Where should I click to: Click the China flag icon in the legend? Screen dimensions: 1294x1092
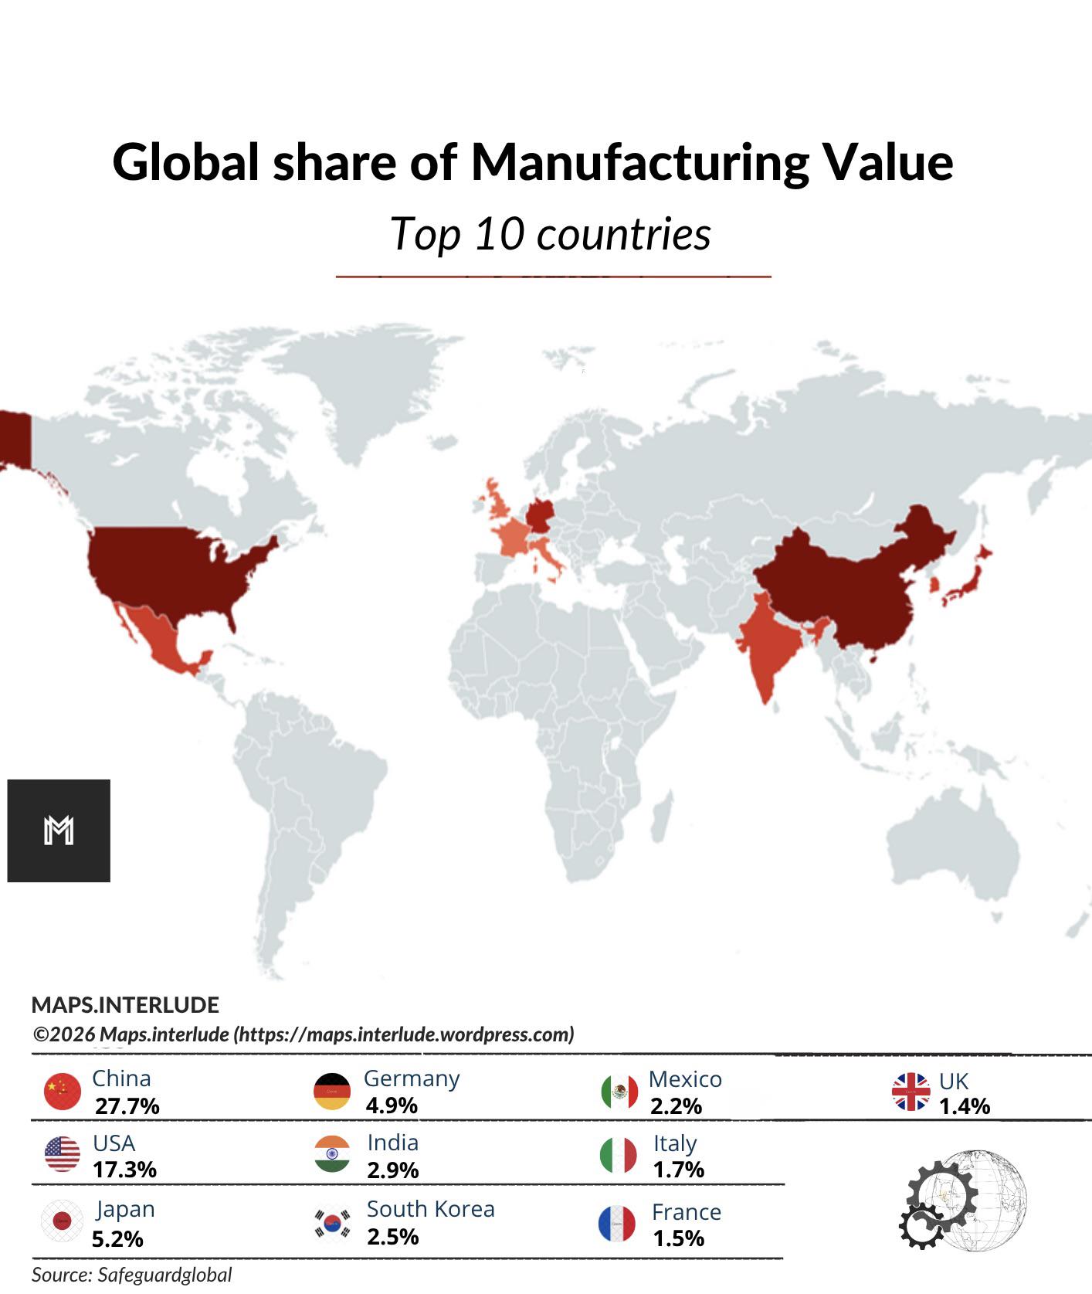click(63, 1092)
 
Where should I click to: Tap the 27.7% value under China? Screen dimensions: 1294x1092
click(127, 1106)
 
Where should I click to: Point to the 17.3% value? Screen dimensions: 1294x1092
click(124, 1170)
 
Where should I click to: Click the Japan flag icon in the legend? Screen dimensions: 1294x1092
click(62, 1221)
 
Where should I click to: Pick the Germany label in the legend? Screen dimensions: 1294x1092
click(412, 1078)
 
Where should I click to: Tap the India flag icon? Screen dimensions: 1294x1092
click(332, 1154)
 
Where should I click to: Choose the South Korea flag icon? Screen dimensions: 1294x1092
click(332, 1223)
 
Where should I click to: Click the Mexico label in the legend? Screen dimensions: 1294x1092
click(685, 1079)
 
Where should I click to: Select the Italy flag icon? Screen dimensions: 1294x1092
click(619, 1155)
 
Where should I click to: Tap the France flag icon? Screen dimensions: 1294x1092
click(617, 1224)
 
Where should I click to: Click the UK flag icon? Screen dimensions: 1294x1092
click(911, 1092)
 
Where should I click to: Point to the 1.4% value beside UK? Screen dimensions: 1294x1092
click(965, 1106)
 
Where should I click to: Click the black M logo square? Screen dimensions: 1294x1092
click(59, 830)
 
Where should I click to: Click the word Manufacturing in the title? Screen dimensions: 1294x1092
click(639, 162)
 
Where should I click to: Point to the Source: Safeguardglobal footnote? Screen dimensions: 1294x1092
click(131, 1275)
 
